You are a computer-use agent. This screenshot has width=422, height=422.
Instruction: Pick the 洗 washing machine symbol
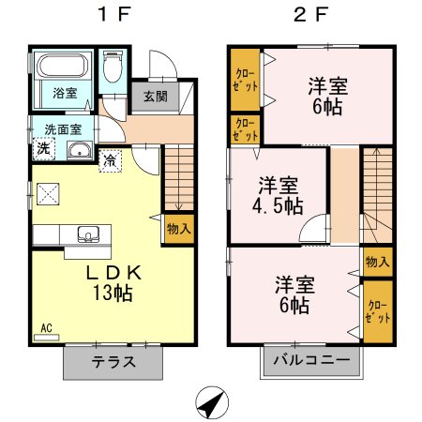point(44,149)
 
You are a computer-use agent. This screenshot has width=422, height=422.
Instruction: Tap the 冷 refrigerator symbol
point(111,160)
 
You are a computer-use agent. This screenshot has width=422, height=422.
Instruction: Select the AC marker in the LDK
point(45,329)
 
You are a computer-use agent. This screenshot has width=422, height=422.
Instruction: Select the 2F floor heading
point(314,15)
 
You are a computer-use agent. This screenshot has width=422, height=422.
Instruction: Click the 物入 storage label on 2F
point(377,262)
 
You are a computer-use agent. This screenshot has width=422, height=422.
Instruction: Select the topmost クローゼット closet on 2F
point(243,79)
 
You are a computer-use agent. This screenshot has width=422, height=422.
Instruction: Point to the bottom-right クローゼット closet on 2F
point(377,312)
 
